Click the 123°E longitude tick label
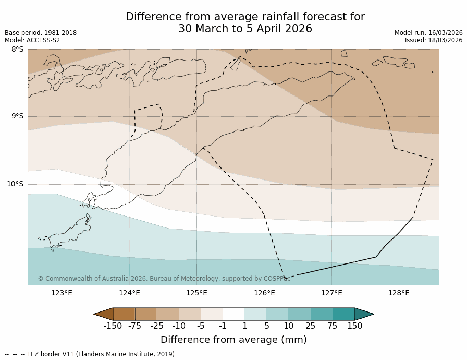[x=62, y=293]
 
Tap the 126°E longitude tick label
[x=264, y=293]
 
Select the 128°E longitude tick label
[x=399, y=293]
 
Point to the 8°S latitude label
[x=17, y=50]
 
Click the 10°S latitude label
[x=15, y=184]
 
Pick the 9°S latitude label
[x=17, y=116]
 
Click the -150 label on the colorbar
[x=113, y=326]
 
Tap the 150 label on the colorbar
[x=354, y=326]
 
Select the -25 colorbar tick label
[x=157, y=326]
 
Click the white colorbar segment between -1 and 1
[x=233, y=314]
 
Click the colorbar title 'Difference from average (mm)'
[x=233, y=340]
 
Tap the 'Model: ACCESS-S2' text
[x=32, y=40]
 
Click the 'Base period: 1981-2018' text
[x=41, y=33]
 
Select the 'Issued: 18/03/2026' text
[x=434, y=40]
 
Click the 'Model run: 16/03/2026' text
[x=428, y=33]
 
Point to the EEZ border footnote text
[x=90, y=354]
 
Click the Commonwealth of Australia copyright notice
[x=164, y=279]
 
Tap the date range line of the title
[x=245, y=29]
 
